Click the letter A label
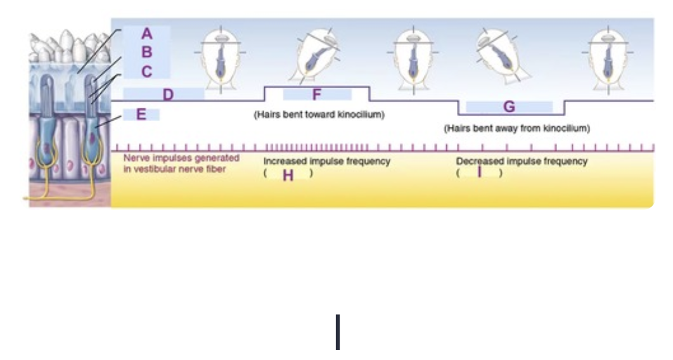pos(147,33)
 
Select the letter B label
pos(147,52)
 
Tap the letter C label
pos(147,72)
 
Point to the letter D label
pos(168,95)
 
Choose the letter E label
pos(141,115)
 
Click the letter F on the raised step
pos(317,95)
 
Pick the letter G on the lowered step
pos(509,107)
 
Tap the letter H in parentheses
pos(288,176)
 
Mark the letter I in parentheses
pos(480,172)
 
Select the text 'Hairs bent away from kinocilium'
pos(516,129)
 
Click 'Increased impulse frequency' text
pos(326,162)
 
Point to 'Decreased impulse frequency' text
pos(522,162)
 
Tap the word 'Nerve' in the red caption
pos(135,157)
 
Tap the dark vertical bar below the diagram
pos(338,331)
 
